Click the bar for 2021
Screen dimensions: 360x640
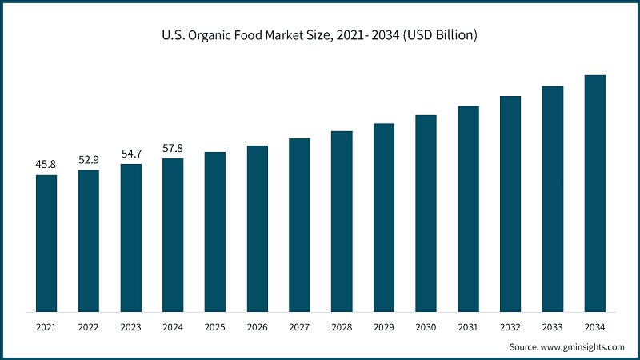pos(46,243)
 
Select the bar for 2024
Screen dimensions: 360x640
pos(173,235)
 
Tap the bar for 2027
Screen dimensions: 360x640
pos(299,225)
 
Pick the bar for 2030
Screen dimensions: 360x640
pos(426,214)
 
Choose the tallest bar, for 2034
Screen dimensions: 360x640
pos(595,194)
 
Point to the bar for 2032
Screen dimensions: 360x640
pos(510,204)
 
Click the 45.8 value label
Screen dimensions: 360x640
pos(46,165)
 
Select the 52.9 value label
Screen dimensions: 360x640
pos(89,160)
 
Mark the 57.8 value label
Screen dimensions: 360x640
pos(173,149)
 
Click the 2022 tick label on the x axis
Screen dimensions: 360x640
pos(89,327)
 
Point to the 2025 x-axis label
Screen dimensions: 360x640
pos(215,327)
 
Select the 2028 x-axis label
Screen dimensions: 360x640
pos(342,327)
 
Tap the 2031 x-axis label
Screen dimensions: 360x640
pos(468,327)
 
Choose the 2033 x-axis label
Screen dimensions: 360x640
pos(553,327)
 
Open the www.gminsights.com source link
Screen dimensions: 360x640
pos(582,346)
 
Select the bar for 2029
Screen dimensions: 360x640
pos(384,218)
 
